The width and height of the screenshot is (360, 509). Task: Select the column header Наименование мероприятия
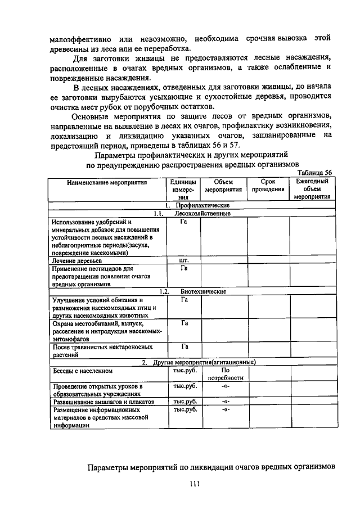click(x=106, y=182)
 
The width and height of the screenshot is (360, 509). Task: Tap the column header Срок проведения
click(x=268, y=186)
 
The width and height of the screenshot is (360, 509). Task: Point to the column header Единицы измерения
click(x=183, y=190)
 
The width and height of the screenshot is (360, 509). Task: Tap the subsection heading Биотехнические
click(x=202, y=292)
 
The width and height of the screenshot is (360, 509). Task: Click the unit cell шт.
click(x=183, y=261)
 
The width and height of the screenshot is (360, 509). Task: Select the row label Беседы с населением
click(x=83, y=371)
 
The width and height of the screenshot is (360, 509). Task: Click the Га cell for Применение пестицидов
click(x=183, y=268)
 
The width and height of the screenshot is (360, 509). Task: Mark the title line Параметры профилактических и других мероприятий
click(x=191, y=155)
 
